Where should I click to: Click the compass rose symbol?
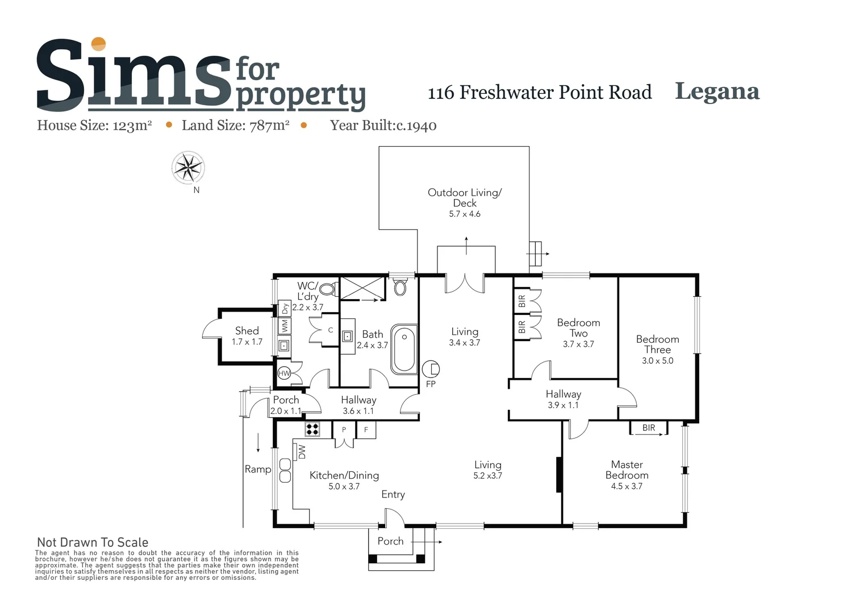188,168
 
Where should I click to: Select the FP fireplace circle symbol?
431,370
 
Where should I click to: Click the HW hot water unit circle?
284,374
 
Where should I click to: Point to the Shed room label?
247,331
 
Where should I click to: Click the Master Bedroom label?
627,470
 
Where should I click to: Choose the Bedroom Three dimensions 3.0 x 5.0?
657,360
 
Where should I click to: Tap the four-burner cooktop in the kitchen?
312,429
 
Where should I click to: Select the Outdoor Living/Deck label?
465,197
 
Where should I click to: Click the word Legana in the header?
717,92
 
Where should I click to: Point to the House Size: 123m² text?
94,126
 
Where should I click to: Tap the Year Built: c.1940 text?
383,126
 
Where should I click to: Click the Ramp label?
257,469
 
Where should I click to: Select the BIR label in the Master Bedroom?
648,428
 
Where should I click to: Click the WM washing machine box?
285,326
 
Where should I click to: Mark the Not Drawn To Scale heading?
93,542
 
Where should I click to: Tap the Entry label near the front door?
393,494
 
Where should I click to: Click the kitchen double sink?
285,470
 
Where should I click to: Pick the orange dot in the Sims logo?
99,44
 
